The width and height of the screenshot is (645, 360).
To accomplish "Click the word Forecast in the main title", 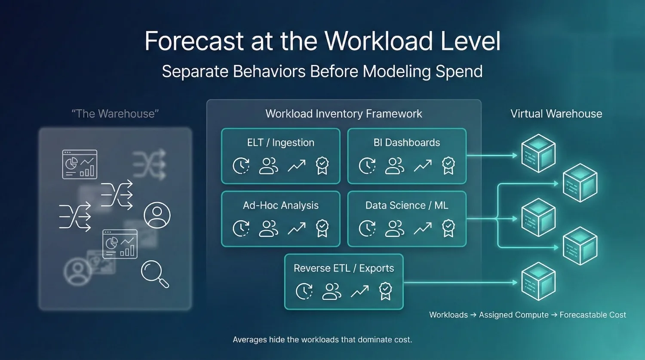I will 194,41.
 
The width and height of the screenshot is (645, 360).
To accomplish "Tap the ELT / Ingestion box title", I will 280,143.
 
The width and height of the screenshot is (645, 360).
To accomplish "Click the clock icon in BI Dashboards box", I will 367,166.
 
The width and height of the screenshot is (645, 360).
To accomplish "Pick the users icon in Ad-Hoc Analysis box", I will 268,228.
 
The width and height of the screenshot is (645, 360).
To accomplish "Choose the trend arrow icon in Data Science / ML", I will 423,228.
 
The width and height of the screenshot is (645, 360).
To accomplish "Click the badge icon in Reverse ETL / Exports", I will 385,291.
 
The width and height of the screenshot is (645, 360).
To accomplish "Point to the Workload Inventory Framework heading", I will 344,114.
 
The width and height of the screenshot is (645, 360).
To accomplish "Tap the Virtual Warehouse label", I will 556,114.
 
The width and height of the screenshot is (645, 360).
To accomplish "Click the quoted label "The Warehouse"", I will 115,114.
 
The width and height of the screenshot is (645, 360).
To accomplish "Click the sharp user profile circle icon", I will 157,215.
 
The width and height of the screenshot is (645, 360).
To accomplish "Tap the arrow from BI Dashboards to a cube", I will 492,155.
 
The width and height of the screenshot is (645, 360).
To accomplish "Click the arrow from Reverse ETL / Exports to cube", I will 460,283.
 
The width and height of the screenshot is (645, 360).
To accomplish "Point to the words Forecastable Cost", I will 593,315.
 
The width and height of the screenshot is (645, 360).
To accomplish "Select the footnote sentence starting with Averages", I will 322,340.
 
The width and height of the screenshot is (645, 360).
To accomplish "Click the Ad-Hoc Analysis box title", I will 280,206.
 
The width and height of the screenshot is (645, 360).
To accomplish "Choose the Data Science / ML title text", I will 406,206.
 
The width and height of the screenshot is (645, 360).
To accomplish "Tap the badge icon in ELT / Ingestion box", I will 322,166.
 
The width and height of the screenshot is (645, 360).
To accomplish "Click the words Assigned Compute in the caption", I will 513,315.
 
